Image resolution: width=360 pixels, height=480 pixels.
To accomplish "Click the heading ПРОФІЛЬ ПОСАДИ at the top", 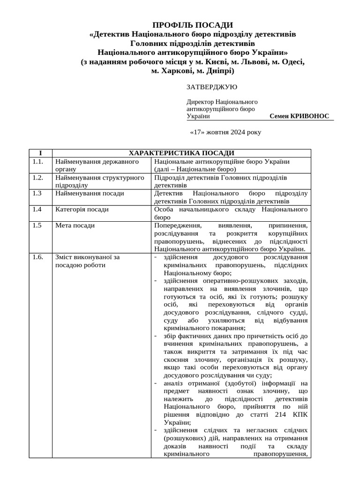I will pyautogui.click(x=193, y=25).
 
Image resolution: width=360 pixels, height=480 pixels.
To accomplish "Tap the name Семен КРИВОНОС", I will pyautogui.click(x=300, y=116).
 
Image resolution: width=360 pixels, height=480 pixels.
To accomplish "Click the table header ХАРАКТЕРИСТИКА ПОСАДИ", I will pyautogui.click(x=181, y=153).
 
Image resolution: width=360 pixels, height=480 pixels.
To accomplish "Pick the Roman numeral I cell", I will pyautogui.click(x=40, y=153).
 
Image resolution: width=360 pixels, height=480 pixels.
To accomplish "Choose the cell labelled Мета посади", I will pyautogui.click(x=75, y=225).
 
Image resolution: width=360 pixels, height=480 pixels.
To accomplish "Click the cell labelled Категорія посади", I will pyautogui.click(x=82, y=210).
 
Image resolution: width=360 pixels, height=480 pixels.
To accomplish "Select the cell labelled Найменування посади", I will pyautogui.click(x=90, y=193).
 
